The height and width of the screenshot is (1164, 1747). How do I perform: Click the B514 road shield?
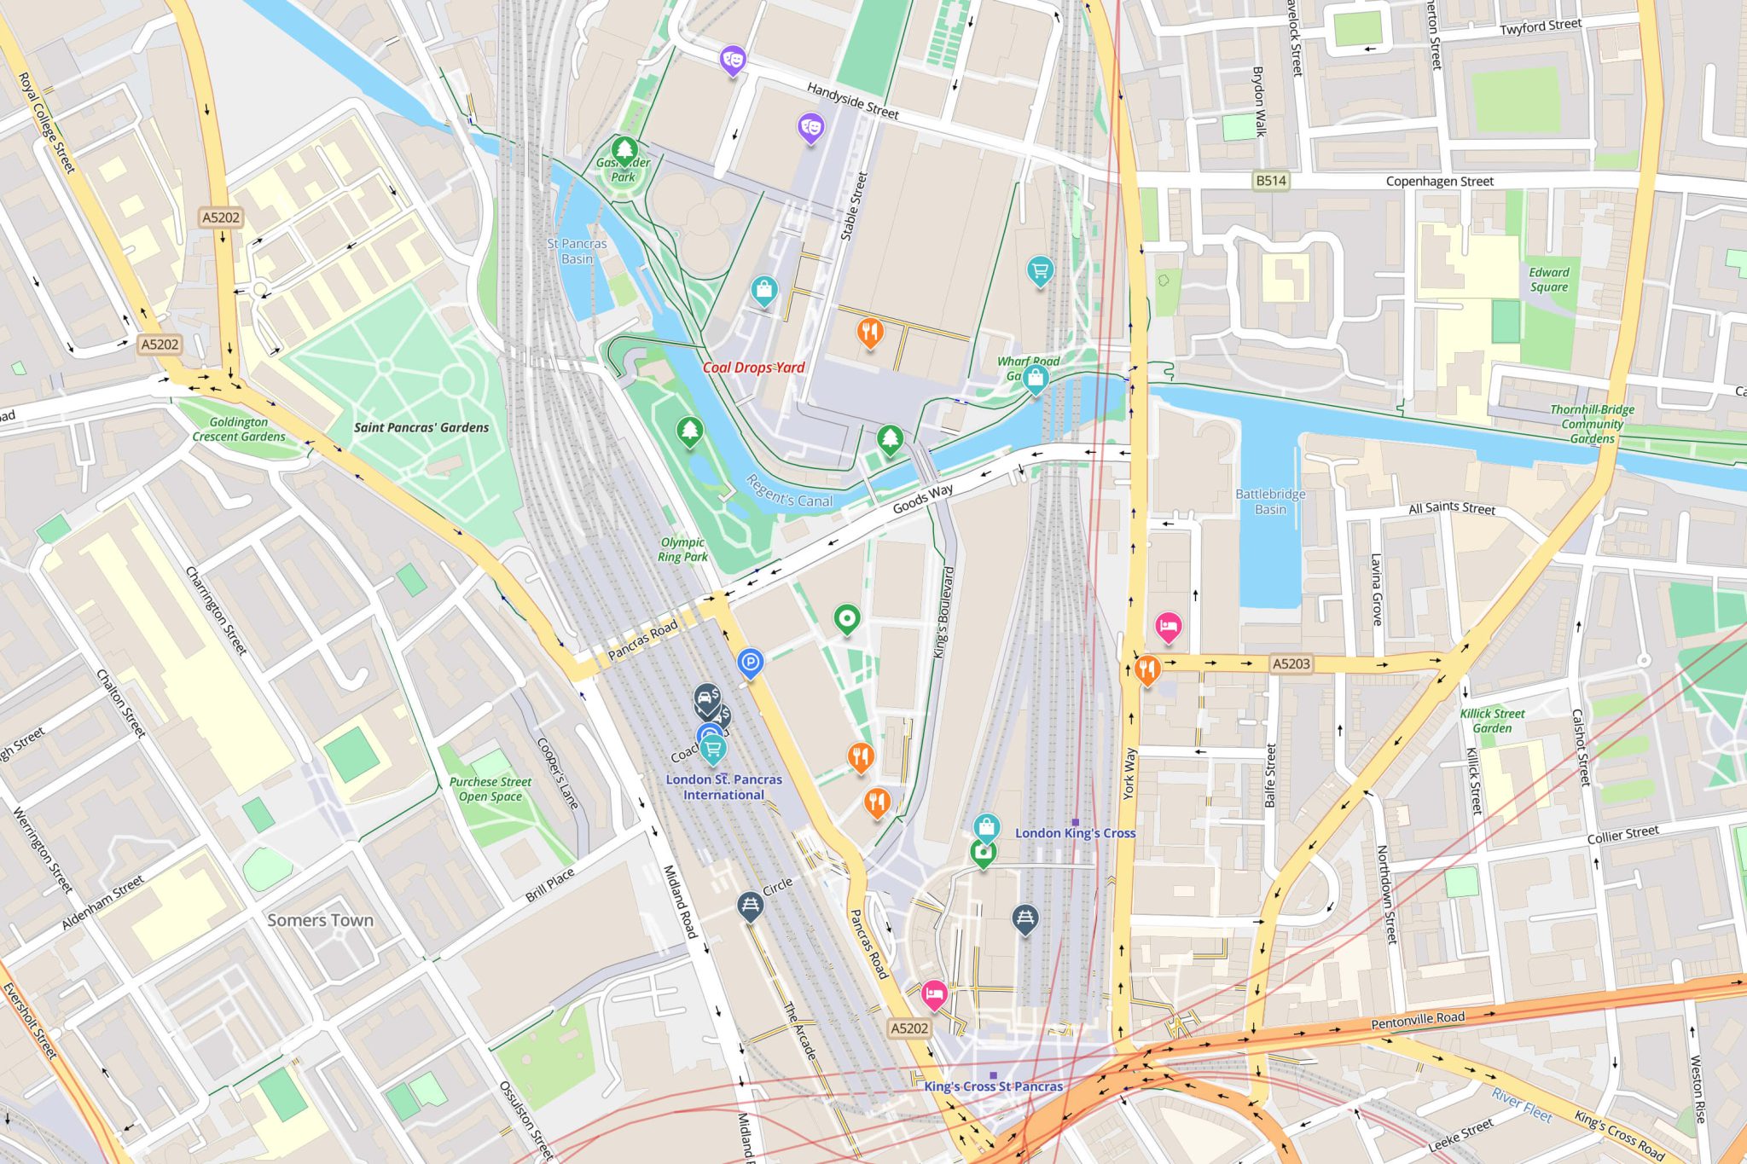pos(1270,181)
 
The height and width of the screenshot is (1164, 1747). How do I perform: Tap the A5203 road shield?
pos(1290,663)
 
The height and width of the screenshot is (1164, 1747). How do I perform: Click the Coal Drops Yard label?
pos(753,368)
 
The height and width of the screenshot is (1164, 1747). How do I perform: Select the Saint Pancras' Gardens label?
pos(421,427)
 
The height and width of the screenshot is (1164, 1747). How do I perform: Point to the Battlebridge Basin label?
pos(1270,501)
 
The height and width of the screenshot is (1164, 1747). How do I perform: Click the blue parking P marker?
pos(750,662)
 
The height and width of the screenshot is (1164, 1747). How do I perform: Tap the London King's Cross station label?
pos(1075,833)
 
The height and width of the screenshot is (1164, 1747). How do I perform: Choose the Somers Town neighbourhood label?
pos(320,920)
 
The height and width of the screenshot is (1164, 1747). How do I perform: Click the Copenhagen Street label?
pos(1439,182)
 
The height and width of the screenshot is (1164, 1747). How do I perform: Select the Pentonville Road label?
pos(1418,1019)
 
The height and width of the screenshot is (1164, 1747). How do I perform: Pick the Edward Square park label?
pos(1548,280)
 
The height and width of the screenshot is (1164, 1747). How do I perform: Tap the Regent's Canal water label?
pos(789,491)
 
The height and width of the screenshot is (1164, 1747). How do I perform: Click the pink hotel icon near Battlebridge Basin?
pos(1168,627)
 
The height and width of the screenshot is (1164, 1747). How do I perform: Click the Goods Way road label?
pos(922,500)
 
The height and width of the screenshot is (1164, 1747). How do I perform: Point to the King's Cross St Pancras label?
pos(993,1086)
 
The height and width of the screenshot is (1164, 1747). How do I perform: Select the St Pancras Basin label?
pos(577,251)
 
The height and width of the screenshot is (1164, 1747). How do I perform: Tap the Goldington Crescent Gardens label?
pos(239,429)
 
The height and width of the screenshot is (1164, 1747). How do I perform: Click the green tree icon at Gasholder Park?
pos(624,150)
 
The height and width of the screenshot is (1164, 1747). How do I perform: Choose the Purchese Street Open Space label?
pos(490,789)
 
